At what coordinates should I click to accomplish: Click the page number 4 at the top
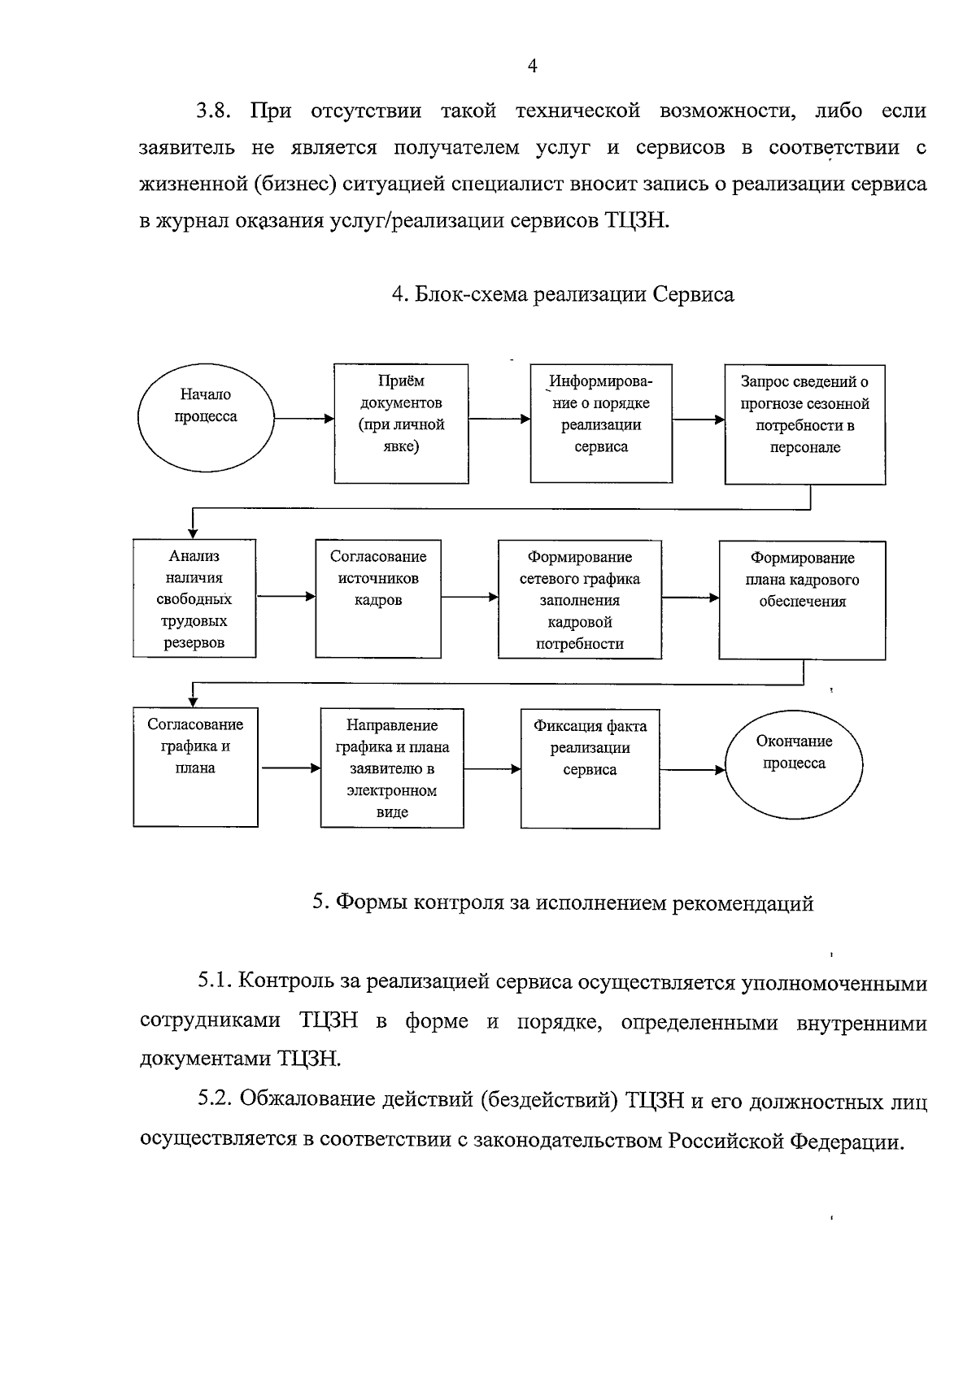click(532, 67)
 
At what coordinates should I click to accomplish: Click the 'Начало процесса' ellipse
click(206, 418)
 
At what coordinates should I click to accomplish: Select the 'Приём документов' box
click(402, 424)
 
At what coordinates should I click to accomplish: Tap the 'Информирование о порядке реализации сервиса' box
click(600, 424)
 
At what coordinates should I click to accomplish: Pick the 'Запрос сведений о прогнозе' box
click(804, 424)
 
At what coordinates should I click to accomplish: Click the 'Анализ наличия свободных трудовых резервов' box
click(194, 598)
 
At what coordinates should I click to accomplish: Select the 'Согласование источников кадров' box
click(378, 598)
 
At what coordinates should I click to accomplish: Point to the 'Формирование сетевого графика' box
click(579, 599)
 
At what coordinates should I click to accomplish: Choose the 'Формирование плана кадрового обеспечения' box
click(802, 599)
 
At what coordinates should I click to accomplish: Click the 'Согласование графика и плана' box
click(195, 768)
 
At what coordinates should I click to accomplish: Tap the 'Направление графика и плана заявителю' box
click(392, 768)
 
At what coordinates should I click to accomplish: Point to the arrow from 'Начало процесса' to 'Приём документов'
click(303, 419)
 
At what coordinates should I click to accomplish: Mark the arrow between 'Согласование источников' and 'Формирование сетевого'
click(469, 597)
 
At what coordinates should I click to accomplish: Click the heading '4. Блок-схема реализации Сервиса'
click(563, 294)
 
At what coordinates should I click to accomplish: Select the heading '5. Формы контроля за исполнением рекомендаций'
click(563, 903)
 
